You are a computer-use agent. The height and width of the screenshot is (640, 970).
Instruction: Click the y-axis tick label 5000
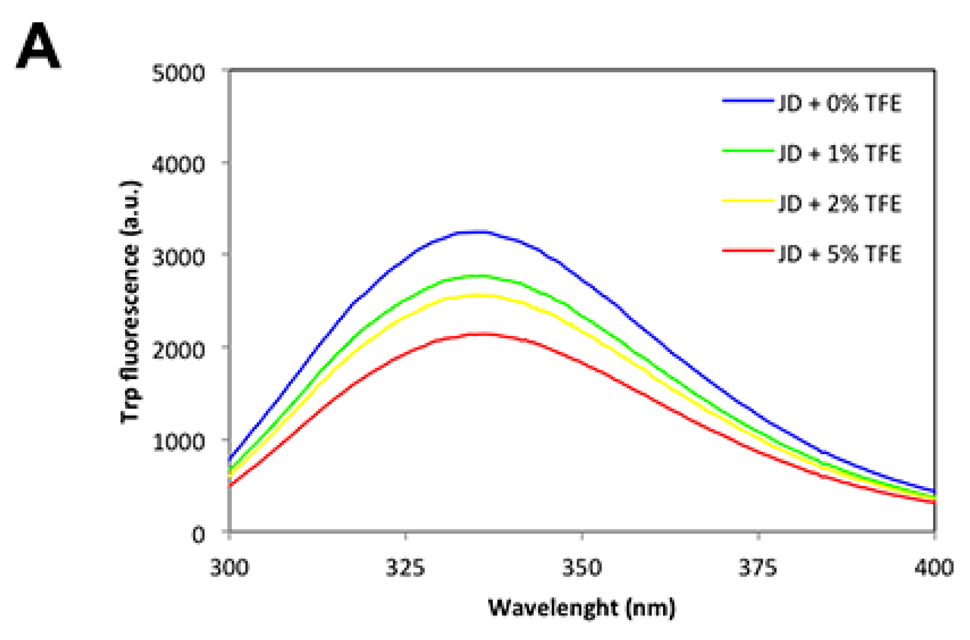pyautogui.click(x=177, y=74)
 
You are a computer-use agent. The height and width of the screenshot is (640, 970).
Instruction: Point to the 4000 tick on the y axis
pyautogui.click(x=177, y=165)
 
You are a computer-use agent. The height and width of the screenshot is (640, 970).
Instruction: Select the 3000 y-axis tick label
pyautogui.click(x=177, y=258)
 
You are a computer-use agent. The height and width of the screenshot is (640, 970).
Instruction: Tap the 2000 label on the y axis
pyautogui.click(x=177, y=350)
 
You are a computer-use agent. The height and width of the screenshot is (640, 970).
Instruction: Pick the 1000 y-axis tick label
pyautogui.click(x=177, y=442)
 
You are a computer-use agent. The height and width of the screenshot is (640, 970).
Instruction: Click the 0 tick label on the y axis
pyautogui.click(x=198, y=534)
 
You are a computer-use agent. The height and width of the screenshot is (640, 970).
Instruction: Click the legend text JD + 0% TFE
pyautogui.click(x=839, y=103)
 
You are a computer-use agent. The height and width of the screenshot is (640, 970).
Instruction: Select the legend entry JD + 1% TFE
pyautogui.click(x=839, y=153)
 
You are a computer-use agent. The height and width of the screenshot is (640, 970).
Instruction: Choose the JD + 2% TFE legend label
pyautogui.click(x=839, y=204)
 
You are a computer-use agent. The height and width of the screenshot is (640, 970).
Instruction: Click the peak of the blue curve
pyautogui.click(x=474, y=232)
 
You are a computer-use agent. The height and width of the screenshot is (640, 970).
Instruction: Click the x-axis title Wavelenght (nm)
pyautogui.click(x=582, y=608)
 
